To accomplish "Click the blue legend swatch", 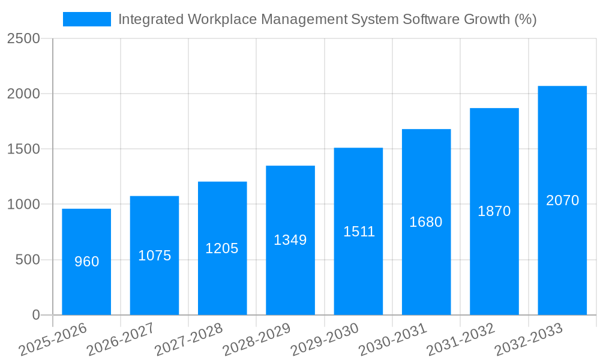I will coord(87,19).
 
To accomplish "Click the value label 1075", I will coord(155,256).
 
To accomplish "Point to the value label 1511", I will coord(359,232).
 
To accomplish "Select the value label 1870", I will coord(494,211).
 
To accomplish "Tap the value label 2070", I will coord(562,200).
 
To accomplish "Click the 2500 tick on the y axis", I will coord(23,39).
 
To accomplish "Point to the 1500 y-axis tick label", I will coord(23,149).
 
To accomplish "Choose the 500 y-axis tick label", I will coord(28,260).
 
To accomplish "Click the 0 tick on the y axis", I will coord(35,315).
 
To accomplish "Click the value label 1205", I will coord(222,248).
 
